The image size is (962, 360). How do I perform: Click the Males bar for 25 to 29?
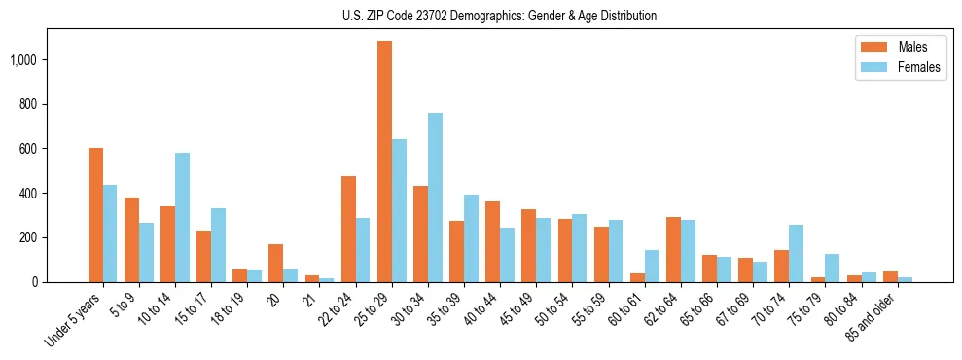point(384,162)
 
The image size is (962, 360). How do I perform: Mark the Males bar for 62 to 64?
point(673,250)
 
